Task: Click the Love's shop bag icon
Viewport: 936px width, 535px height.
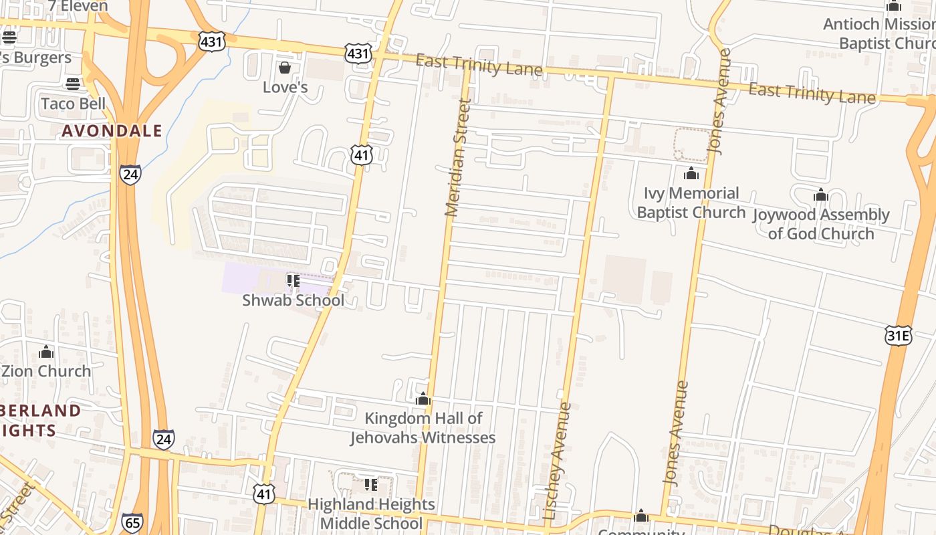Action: coord(285,68)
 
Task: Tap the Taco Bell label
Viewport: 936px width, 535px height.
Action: coord(74,104)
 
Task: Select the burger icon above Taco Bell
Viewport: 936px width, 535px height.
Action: coord(73,84)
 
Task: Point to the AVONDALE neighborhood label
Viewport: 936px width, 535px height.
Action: coord(112,130)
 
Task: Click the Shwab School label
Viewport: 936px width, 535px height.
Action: coord(294,300)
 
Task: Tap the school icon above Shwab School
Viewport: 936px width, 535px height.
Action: coord(293,280)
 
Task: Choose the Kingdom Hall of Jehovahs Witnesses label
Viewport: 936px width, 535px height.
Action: coord(423,428)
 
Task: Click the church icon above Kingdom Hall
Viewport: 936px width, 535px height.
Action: coord(423,399)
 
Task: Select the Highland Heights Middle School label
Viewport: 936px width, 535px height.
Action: coord(371,514)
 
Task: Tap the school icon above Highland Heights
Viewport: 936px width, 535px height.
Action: coord(370,484)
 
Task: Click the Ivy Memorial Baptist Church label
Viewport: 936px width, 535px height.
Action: coord(691,203)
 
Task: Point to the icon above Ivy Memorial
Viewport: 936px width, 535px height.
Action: coord(691,174)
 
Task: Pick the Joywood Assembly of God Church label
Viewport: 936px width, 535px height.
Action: coord(821,224)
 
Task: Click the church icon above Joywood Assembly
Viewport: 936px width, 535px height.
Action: coord(821,195)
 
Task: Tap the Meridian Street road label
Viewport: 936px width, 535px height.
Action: coord(458,158)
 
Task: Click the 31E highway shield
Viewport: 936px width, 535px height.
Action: coord(898,336)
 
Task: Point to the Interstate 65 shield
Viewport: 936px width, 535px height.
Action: coord(132,522)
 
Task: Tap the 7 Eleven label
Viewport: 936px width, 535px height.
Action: coord(78,6)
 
